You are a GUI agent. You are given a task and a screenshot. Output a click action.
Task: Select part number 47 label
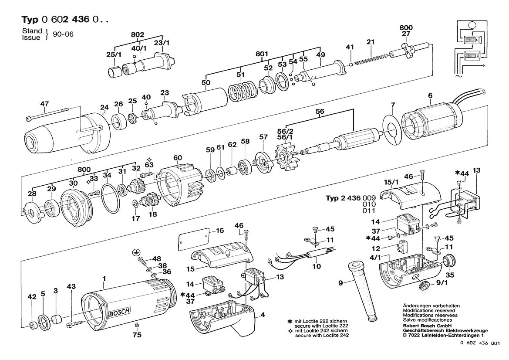point(45,104)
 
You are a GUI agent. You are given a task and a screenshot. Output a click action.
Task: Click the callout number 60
point(177,157)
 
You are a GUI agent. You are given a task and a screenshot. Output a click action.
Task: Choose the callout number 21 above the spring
point(371,42)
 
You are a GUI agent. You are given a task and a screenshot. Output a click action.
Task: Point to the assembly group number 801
point(261,54)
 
